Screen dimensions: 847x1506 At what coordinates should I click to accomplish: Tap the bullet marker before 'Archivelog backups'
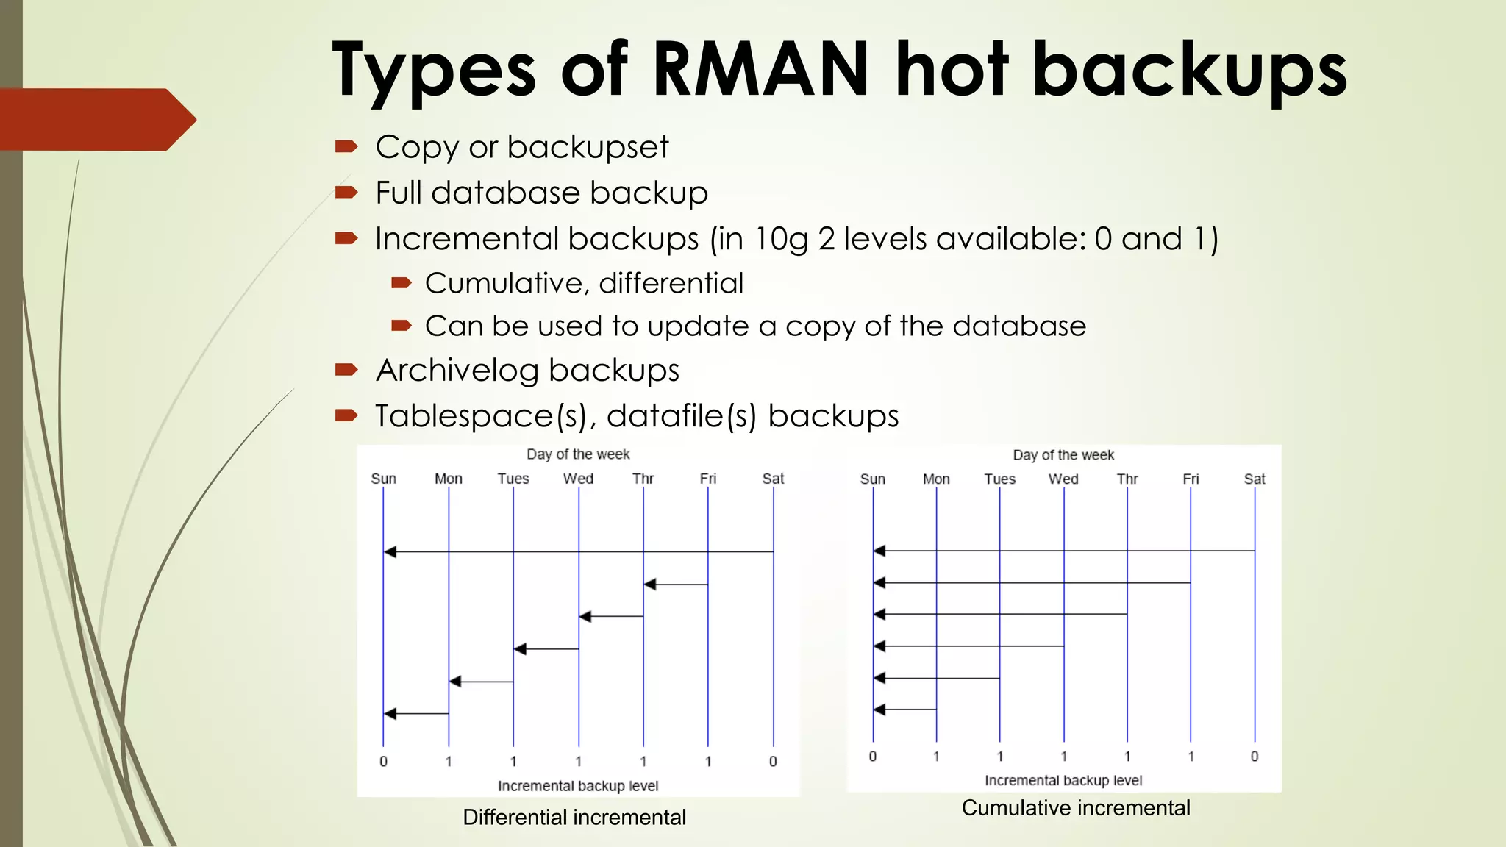tap(346, 369)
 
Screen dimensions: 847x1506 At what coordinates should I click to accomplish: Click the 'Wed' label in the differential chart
tap(578, 479)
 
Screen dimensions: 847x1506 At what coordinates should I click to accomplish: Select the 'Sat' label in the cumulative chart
tap(1255, 479)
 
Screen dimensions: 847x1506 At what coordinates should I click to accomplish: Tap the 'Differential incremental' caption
tap(574, 817)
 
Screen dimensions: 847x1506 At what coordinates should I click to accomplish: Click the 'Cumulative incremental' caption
tap(1075, 808)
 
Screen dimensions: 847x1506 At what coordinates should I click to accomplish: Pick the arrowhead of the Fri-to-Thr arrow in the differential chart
tap(650, 585)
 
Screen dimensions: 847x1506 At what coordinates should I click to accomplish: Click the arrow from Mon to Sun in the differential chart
tap(416, 714)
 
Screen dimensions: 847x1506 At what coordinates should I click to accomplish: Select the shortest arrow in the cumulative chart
tap(904, 710)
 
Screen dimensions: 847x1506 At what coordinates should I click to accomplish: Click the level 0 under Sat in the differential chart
tap(773, 762)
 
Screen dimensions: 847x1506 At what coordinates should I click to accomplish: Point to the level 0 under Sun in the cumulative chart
tap(873, 757)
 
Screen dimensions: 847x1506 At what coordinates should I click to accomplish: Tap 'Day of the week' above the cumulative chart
tap(1063, 455)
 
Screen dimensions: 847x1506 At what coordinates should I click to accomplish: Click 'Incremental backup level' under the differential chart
tap(578, 786)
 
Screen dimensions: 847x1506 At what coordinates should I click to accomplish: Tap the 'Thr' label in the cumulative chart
tap(1127, 479)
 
